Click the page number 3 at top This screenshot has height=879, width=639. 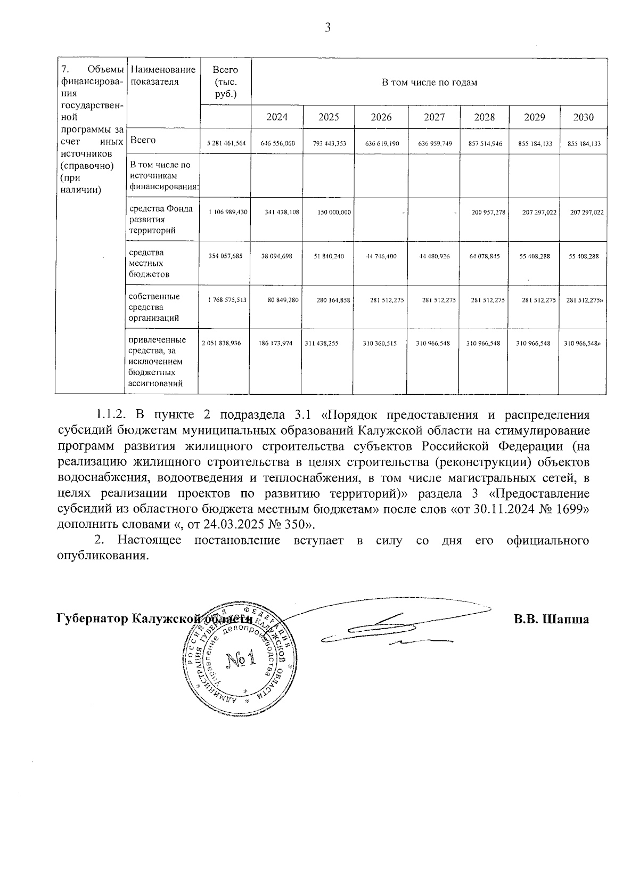[327, 28]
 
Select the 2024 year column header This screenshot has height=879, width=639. [277, 117]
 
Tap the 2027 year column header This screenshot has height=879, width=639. [434, 117]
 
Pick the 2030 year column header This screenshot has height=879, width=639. [583, 117]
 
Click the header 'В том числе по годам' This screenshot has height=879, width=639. [429, 83]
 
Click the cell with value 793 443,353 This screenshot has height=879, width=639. [329, 143]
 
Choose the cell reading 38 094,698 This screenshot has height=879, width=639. [276, 256]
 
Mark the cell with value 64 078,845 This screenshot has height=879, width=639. [484, 256]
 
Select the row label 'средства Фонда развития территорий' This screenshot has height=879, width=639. [160, 219]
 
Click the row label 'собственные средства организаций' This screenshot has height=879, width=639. [154, 307]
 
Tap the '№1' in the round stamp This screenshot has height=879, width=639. [241, 660]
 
